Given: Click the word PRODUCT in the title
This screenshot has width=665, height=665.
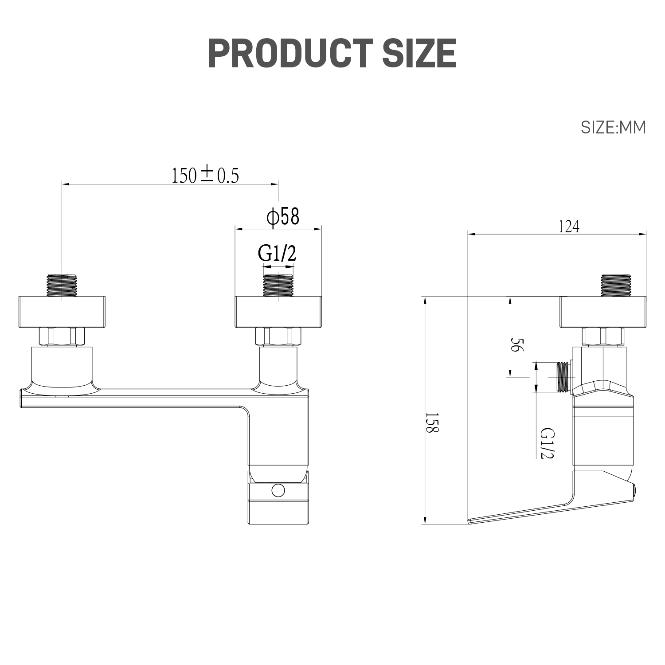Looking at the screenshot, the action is (x=284, y=53).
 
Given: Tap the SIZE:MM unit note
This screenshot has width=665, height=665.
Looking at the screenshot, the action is (x=613, y=128).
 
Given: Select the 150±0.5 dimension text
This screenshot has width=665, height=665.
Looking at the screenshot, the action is (x=205, y=176).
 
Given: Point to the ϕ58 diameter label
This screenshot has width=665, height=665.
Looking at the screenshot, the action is (x=283, y=217).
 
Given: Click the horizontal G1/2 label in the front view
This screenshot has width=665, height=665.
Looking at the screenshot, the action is (x=277, y=254).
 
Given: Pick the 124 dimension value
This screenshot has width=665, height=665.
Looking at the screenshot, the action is (x=568, y=227).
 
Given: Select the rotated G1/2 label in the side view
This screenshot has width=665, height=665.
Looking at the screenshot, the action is (x=548, y=444).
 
